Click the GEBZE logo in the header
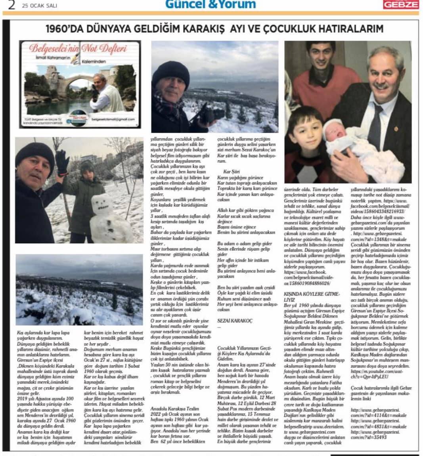[400, 4]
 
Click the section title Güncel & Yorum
[210, 4]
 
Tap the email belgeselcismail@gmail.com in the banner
[118, 119]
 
